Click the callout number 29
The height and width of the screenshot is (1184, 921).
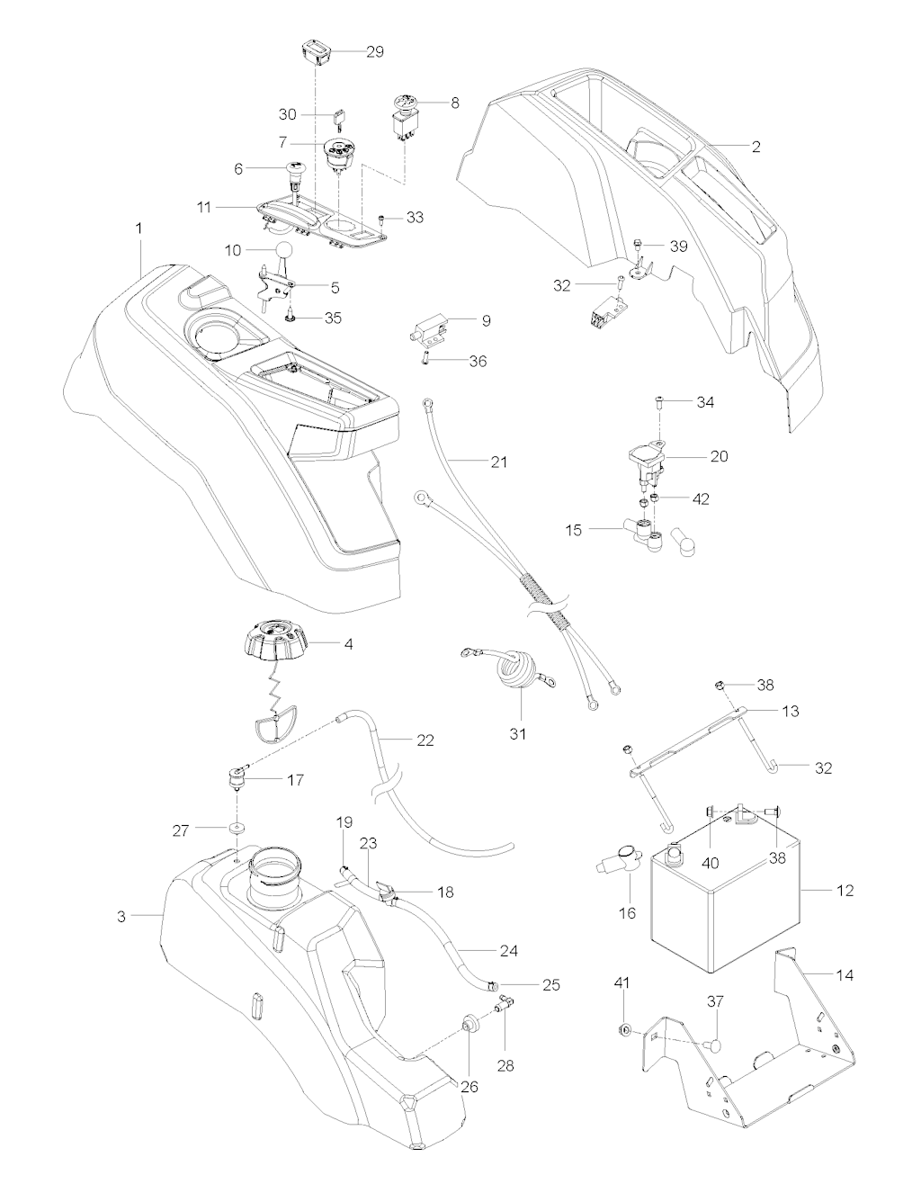coord(375,52)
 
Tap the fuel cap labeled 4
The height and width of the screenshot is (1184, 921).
coord(269,643)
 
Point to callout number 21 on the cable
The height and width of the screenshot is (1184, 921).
coord(498,462)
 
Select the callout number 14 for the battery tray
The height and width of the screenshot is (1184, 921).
coord(845,974)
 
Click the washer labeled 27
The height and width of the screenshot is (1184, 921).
coord(237,830)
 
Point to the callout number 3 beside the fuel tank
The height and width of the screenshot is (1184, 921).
coord(121,916)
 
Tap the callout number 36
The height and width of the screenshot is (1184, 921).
coord(478,361)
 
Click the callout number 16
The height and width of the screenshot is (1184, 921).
coord(628,912)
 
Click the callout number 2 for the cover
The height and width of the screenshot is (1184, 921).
coord(756,146)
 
